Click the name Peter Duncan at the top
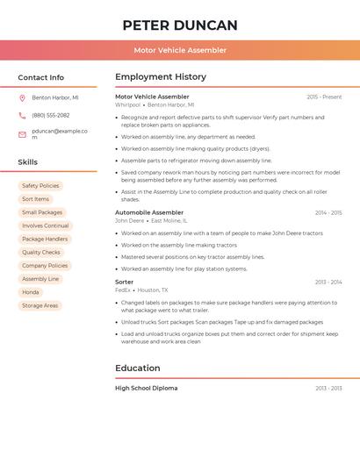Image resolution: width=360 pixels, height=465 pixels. coord(180,25)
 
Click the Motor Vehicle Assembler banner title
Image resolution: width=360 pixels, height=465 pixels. coord(180,50)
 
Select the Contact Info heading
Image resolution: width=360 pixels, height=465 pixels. coord(41,77)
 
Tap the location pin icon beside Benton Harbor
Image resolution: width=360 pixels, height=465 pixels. coord(22,98)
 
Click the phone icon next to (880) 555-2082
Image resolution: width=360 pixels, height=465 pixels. coord(22,115)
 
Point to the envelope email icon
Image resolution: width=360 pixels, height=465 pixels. coord(22,134)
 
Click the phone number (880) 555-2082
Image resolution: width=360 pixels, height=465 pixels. coord(51,115)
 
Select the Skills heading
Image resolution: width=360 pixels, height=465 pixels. coord(28,162)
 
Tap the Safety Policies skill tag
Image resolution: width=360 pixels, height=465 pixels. coord(40,186)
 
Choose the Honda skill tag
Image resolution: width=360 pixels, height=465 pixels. coord(31,292)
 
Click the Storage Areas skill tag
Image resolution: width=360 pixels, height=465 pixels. coord(40,305)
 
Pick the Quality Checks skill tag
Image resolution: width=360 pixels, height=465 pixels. coord(41,253)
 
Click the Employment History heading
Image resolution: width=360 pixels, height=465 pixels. coord(161,77)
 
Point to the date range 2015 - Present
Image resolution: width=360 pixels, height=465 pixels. coord(324,97)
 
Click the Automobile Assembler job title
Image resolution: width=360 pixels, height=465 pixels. coord(149,212)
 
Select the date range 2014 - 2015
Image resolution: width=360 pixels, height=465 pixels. coord(328,212)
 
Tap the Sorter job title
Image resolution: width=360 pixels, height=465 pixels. coord(125,282)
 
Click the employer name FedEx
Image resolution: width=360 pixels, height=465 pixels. coord(123,290)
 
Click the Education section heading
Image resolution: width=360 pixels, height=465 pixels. coord(138,368)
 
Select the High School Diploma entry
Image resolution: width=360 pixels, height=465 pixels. coord(147,388)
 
